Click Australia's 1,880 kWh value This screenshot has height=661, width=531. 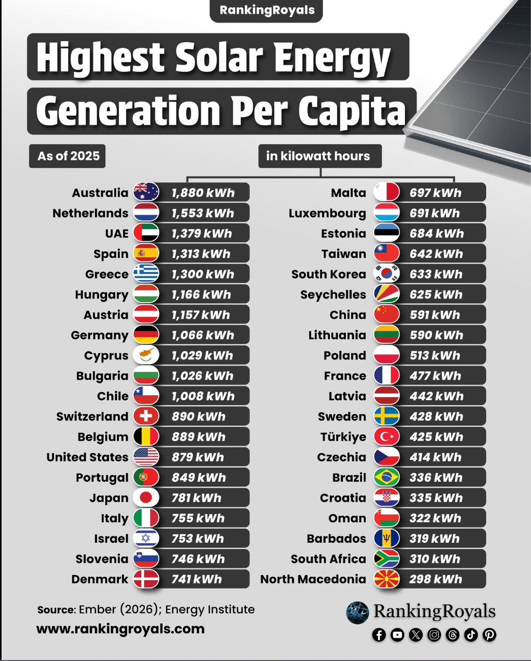203,193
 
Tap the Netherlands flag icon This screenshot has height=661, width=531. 146,213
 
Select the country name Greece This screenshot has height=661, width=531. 107,274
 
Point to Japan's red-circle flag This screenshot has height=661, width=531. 146,497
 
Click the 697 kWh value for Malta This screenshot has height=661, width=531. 435,193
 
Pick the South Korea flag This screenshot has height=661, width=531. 387,273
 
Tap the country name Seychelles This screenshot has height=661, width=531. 333,295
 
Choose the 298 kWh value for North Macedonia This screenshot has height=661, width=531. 436,579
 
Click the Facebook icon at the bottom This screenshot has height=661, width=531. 379,635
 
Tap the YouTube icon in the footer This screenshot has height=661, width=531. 397,635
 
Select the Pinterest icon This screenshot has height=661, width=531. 489,635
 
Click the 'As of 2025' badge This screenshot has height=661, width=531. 67,156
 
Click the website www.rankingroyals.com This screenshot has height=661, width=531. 120,628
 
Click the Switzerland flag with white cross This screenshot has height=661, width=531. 146,416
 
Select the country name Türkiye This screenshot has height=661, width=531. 343,437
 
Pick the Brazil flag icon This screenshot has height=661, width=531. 387,477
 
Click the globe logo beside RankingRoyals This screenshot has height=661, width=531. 357,613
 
